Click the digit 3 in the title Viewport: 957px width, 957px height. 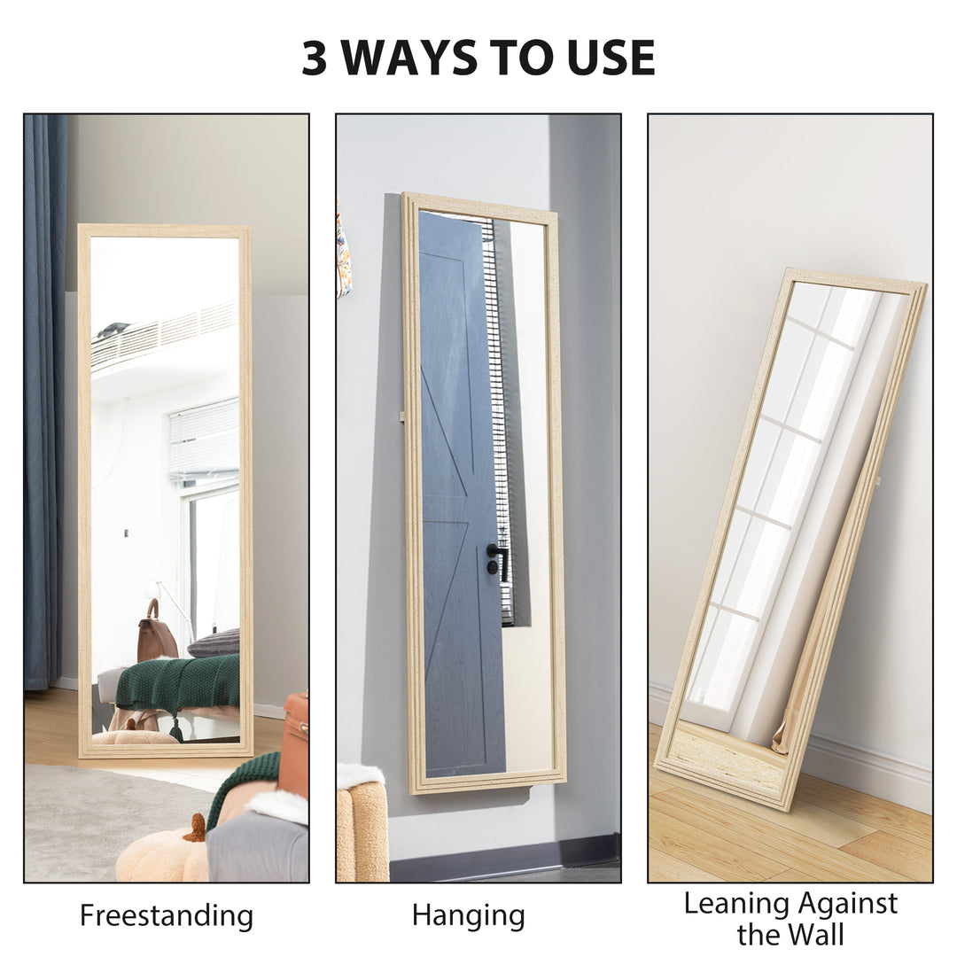pos(315,58)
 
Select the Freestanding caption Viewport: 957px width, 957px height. pos(167,915)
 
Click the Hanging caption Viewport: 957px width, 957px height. pos(468,915)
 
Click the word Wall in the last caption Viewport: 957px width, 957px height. pos(814,934)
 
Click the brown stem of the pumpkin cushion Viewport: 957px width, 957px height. pos(197,829)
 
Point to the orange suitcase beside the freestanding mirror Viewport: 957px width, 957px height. pos(294,744)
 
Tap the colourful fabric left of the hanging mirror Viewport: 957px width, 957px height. pos(344,253)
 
